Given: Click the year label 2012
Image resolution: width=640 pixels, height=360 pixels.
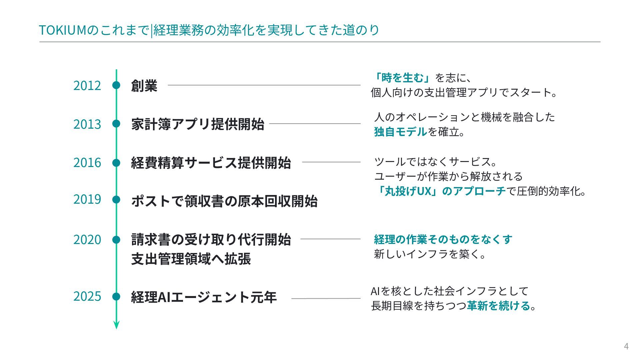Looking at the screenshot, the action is [87, 86].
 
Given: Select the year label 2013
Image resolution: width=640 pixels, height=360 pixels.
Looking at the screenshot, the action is [87, 124].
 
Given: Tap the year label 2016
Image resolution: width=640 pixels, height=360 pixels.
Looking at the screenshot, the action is [87, 163].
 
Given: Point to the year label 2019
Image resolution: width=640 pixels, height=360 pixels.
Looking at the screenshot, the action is [87, 199].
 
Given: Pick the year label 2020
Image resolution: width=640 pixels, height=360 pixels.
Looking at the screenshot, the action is [87, 240].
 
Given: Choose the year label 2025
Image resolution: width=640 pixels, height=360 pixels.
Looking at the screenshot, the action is [87, 296].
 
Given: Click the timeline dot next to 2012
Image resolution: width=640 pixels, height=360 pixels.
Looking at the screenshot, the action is [116, 85].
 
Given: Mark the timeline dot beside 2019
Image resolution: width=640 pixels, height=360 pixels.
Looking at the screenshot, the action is [116, 200].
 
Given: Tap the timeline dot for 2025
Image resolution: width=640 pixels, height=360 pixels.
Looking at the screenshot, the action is [116, 296].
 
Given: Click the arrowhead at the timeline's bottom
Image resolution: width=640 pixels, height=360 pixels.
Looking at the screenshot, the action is [116, 325].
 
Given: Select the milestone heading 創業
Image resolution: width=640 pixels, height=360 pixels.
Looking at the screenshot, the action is [144, 86].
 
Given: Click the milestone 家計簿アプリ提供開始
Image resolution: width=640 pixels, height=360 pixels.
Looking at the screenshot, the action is [198, 124].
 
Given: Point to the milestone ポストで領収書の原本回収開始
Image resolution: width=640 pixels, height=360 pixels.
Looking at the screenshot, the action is [224, 201].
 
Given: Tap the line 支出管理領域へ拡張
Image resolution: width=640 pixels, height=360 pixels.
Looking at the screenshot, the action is [191, 259].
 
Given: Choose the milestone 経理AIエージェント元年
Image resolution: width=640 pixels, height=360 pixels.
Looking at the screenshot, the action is [204, 297].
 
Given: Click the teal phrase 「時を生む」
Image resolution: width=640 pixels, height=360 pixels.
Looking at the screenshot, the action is [401, 78].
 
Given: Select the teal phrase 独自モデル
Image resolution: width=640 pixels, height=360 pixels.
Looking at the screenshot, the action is [400, 132].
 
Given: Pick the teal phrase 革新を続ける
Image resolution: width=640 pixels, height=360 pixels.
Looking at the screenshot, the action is [498, 306].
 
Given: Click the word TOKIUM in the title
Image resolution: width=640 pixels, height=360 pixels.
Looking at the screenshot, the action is [63, 30].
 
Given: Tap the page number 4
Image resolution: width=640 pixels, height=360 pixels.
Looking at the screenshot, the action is [626, 346].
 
